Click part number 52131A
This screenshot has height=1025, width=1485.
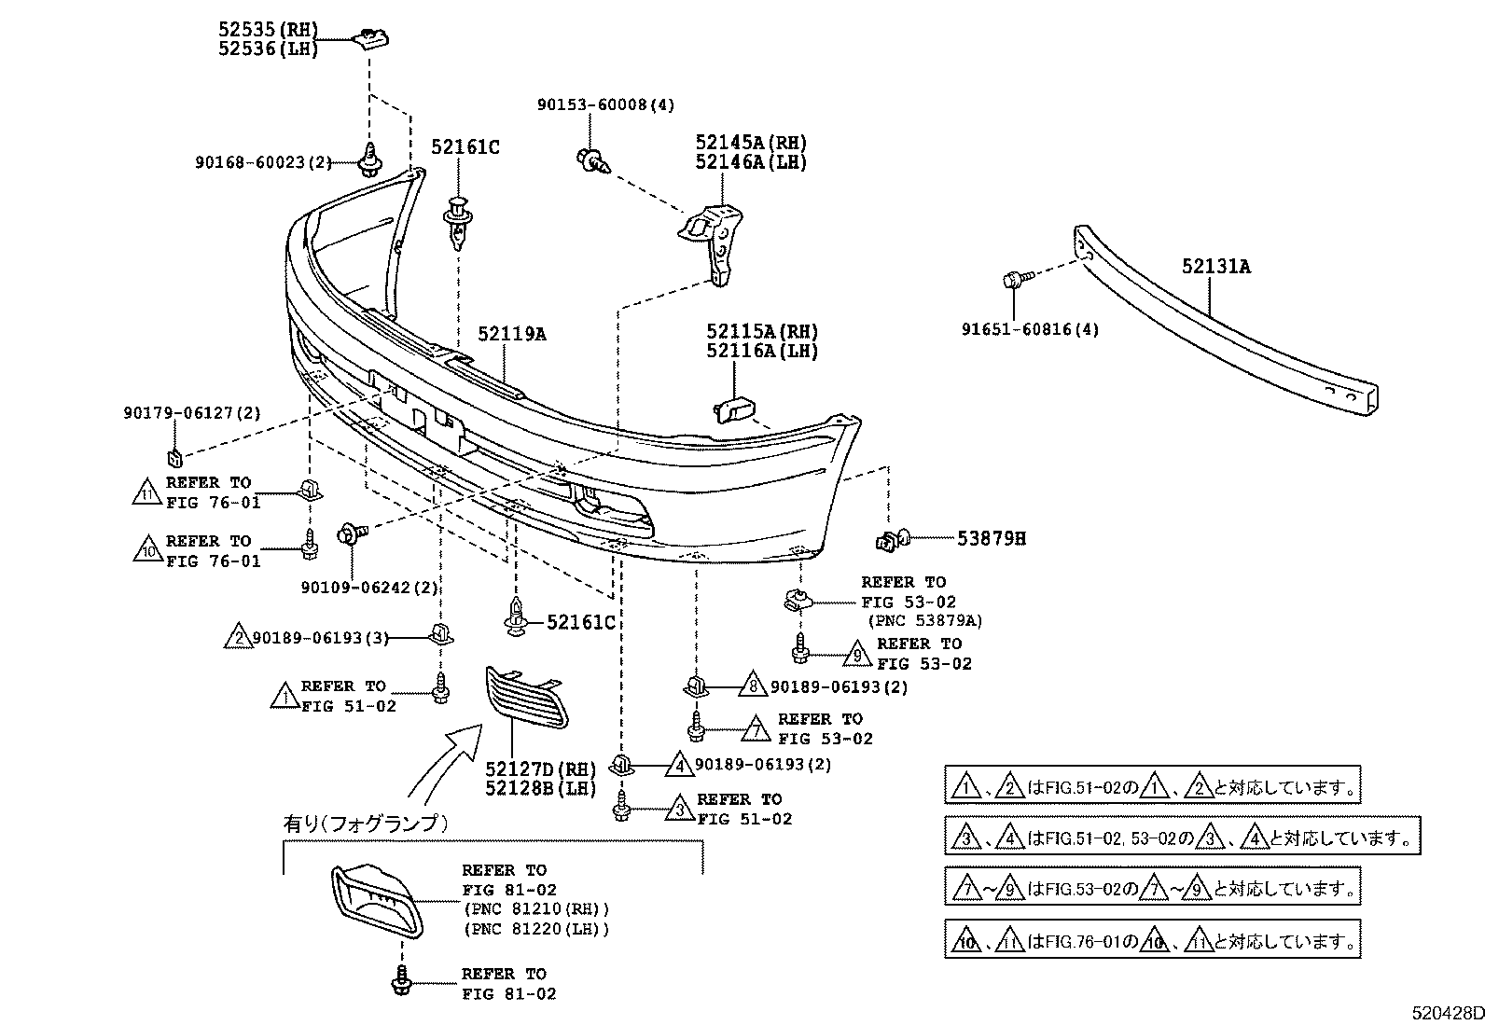coord(1215,267)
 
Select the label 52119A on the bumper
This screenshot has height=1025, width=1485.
coord(511,333)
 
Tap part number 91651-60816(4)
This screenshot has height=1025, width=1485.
coord(1030,329)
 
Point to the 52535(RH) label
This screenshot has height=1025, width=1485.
coord(269,30)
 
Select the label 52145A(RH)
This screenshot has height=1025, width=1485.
coord(750,143)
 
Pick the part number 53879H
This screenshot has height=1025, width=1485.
coord(991,538)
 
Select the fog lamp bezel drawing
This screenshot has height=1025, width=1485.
coord(375,898)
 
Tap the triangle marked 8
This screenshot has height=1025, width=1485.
coord(752,686)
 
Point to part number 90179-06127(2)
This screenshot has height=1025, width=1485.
coord(192,412)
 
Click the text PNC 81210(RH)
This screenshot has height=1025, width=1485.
coord(535,909)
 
